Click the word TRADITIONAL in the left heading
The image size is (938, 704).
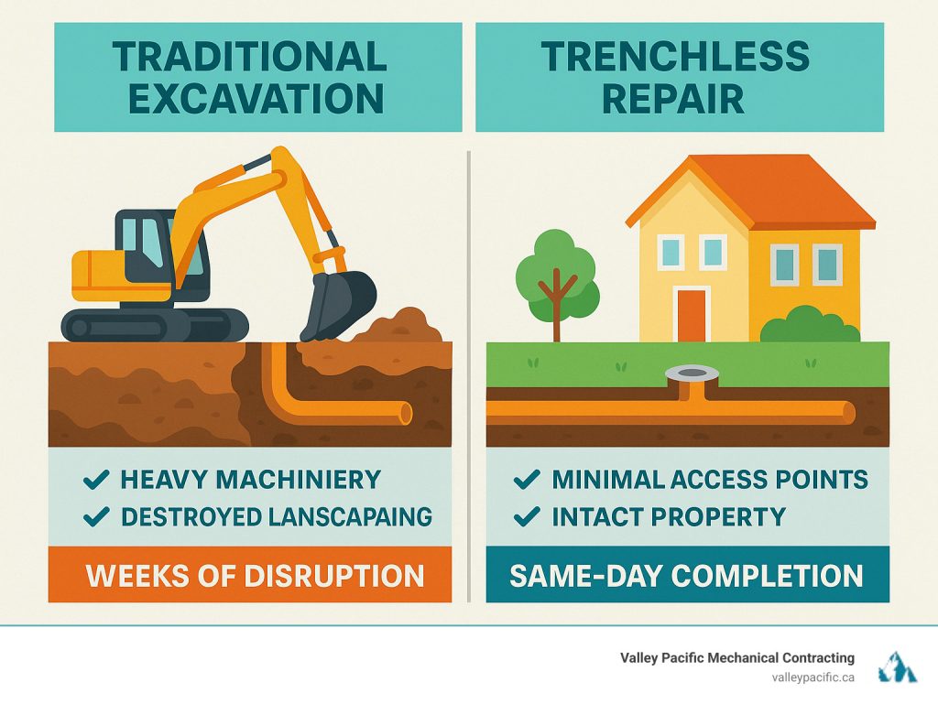point(249,57)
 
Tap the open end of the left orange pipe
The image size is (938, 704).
point(406,414)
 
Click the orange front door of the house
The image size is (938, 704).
point(692,314)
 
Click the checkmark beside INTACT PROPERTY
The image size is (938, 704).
point(526,516)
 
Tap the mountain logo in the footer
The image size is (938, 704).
point(897,667)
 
